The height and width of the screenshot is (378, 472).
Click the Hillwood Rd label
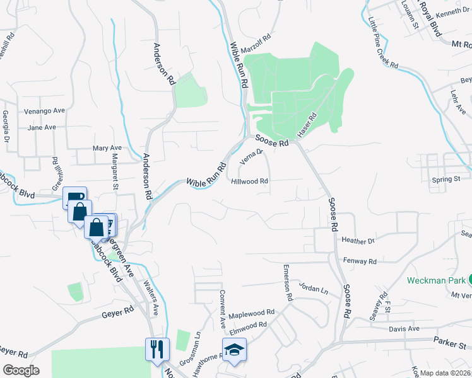tap(251, 181)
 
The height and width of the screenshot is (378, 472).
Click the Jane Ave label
tap(42, 127)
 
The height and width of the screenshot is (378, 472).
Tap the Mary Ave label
tap(107, 148)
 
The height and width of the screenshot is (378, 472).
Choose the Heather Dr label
tap(358, 241)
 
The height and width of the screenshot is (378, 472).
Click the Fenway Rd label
tap(360, 261)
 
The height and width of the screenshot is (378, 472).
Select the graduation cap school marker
tap(233, 349)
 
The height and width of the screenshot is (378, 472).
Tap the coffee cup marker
tap(74, 197)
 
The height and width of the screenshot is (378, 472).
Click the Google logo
tap(21, 370)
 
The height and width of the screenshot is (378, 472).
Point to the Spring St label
tap(445, 180)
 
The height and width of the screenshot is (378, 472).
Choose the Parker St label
tap(449, 345)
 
